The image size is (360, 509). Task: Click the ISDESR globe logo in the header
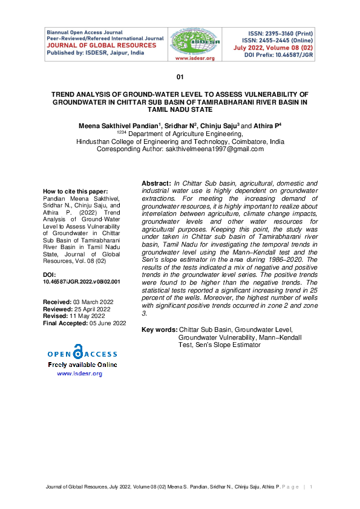(191, 40)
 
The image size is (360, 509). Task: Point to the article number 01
(180, 77)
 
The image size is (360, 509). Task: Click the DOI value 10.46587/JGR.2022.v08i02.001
(82, 282)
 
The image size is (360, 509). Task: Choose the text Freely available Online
(82, 365)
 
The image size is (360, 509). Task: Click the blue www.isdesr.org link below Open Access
(79, 374)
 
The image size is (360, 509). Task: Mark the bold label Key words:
(159, 329)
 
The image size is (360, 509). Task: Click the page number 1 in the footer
(311, 487)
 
